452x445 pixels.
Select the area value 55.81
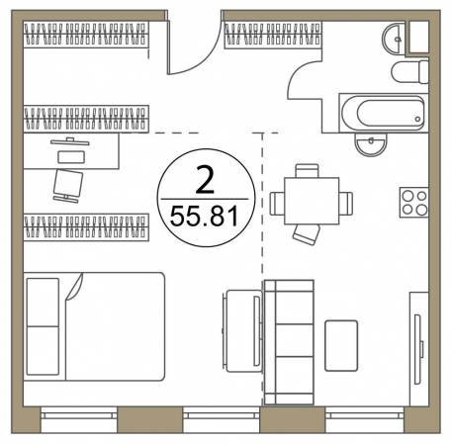pos(204,217)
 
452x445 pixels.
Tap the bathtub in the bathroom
pos(383,113)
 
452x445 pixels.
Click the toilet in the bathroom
pos(409,71)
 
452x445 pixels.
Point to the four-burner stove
pos(414,202)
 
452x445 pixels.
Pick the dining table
pos(312,201)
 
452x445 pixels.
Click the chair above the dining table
pos(307,171)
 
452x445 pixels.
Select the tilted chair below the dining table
pos(307,234)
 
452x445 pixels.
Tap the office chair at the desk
pos(67,186)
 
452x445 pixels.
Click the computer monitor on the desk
pos(70,141)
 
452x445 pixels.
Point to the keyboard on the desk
pos(71,156)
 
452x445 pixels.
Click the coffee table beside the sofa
pos(341,345)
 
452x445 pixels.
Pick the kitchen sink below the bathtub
pos(370,143)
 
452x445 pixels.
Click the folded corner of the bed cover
pos(74,286)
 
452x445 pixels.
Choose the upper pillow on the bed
pos(43,303)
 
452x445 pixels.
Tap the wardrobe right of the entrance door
pos(273,35)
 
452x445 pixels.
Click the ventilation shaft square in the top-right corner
pos(418,37)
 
